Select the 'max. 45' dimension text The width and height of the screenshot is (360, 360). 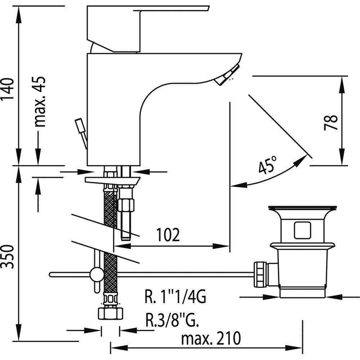click(x=40, y=102)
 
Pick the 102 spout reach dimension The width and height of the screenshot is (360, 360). click(x=168, y=235)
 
